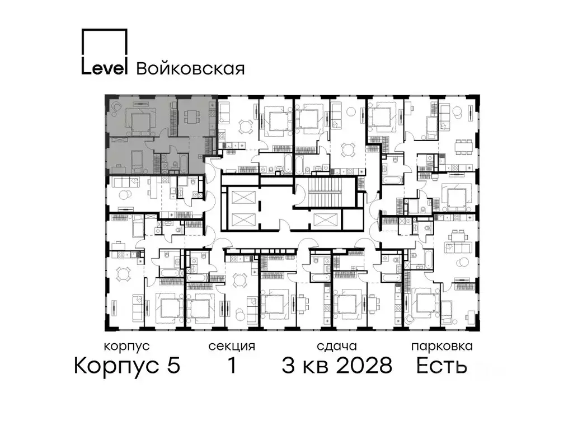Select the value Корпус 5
pos(127,366)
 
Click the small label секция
pos(232,347)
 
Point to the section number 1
pos(231,366)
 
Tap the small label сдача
pos(336,347)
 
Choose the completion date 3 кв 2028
pos(337,366)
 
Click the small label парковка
pos(442,347)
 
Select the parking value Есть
pos(442,366)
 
